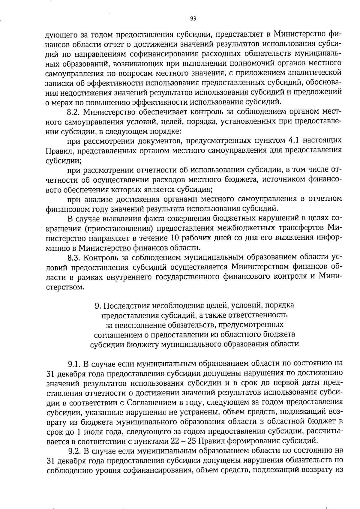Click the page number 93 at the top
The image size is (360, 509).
point(193,19)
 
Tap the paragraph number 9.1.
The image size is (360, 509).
point(73,364)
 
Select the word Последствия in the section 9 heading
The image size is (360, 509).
point(126,305)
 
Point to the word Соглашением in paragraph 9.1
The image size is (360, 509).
point(147,403)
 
